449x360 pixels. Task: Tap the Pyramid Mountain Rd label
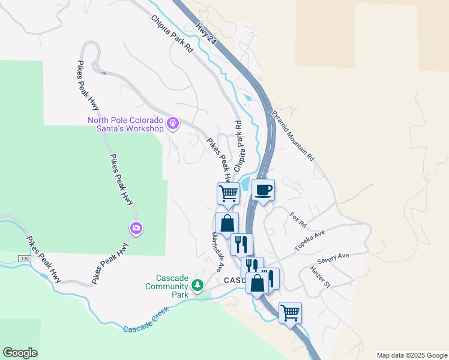pos(293,135)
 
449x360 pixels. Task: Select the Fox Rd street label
pos(298,220)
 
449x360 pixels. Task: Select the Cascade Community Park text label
pos(167,283)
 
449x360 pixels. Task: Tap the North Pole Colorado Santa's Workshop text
pos(125,124)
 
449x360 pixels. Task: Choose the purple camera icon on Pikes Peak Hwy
pos(136,228)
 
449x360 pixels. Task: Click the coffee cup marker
pos(263,190)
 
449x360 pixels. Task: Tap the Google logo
pos(20,353)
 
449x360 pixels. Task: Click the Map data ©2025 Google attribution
pos(412,355)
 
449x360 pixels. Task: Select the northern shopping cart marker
pos(228,193)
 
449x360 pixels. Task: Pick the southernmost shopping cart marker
pos(290,312)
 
